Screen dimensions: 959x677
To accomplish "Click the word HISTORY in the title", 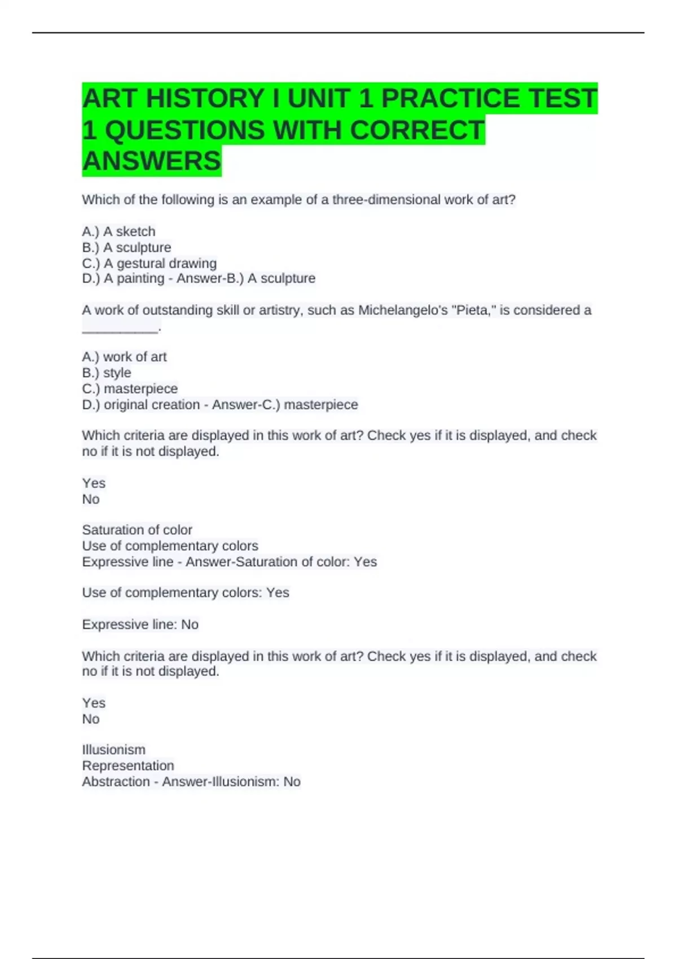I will (205, 99).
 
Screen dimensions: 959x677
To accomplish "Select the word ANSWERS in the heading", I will (152, 161).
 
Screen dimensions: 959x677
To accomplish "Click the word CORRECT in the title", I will (417, 130).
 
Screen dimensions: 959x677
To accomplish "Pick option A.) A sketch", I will (118, 231).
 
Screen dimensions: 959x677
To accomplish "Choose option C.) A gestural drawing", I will (149, 263).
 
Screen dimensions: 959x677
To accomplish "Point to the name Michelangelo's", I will (403, 310).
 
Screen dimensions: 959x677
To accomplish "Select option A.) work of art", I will (124, 357).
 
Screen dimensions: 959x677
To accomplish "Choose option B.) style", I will (107, 373).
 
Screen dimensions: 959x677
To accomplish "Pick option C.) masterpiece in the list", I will (130, 389).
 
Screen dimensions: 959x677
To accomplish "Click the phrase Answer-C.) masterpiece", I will (285, 404).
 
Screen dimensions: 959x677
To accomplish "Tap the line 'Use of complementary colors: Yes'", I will (186, 593).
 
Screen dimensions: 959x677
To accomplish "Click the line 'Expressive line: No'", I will (140, 624).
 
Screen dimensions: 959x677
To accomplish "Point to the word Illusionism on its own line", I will (113, 750).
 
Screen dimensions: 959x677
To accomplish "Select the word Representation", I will (128, 766).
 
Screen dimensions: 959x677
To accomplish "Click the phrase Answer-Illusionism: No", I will (231, 782).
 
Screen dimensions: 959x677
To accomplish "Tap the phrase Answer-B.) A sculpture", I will (246, 279).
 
